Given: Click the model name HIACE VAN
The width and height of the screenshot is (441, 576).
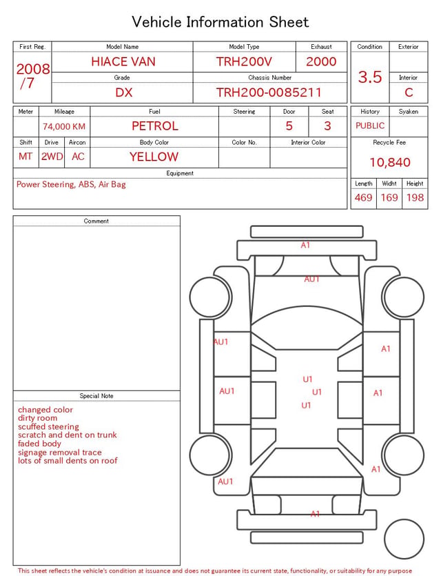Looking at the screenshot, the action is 123,61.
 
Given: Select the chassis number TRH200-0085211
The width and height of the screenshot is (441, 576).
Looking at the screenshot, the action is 269,92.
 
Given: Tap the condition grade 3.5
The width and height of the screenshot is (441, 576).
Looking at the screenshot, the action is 370,77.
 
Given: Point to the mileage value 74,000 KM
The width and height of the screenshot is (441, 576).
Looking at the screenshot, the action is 64,127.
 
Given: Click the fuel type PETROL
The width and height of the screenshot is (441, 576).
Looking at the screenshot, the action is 155,126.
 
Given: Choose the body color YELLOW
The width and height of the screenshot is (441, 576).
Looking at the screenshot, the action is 154,157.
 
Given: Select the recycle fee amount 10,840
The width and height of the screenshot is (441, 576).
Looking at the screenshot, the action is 389,162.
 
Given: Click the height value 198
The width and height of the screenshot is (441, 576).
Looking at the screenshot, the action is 415,197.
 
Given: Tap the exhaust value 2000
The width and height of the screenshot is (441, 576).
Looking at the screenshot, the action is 321,61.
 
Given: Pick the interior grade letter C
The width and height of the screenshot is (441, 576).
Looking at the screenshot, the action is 409,92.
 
